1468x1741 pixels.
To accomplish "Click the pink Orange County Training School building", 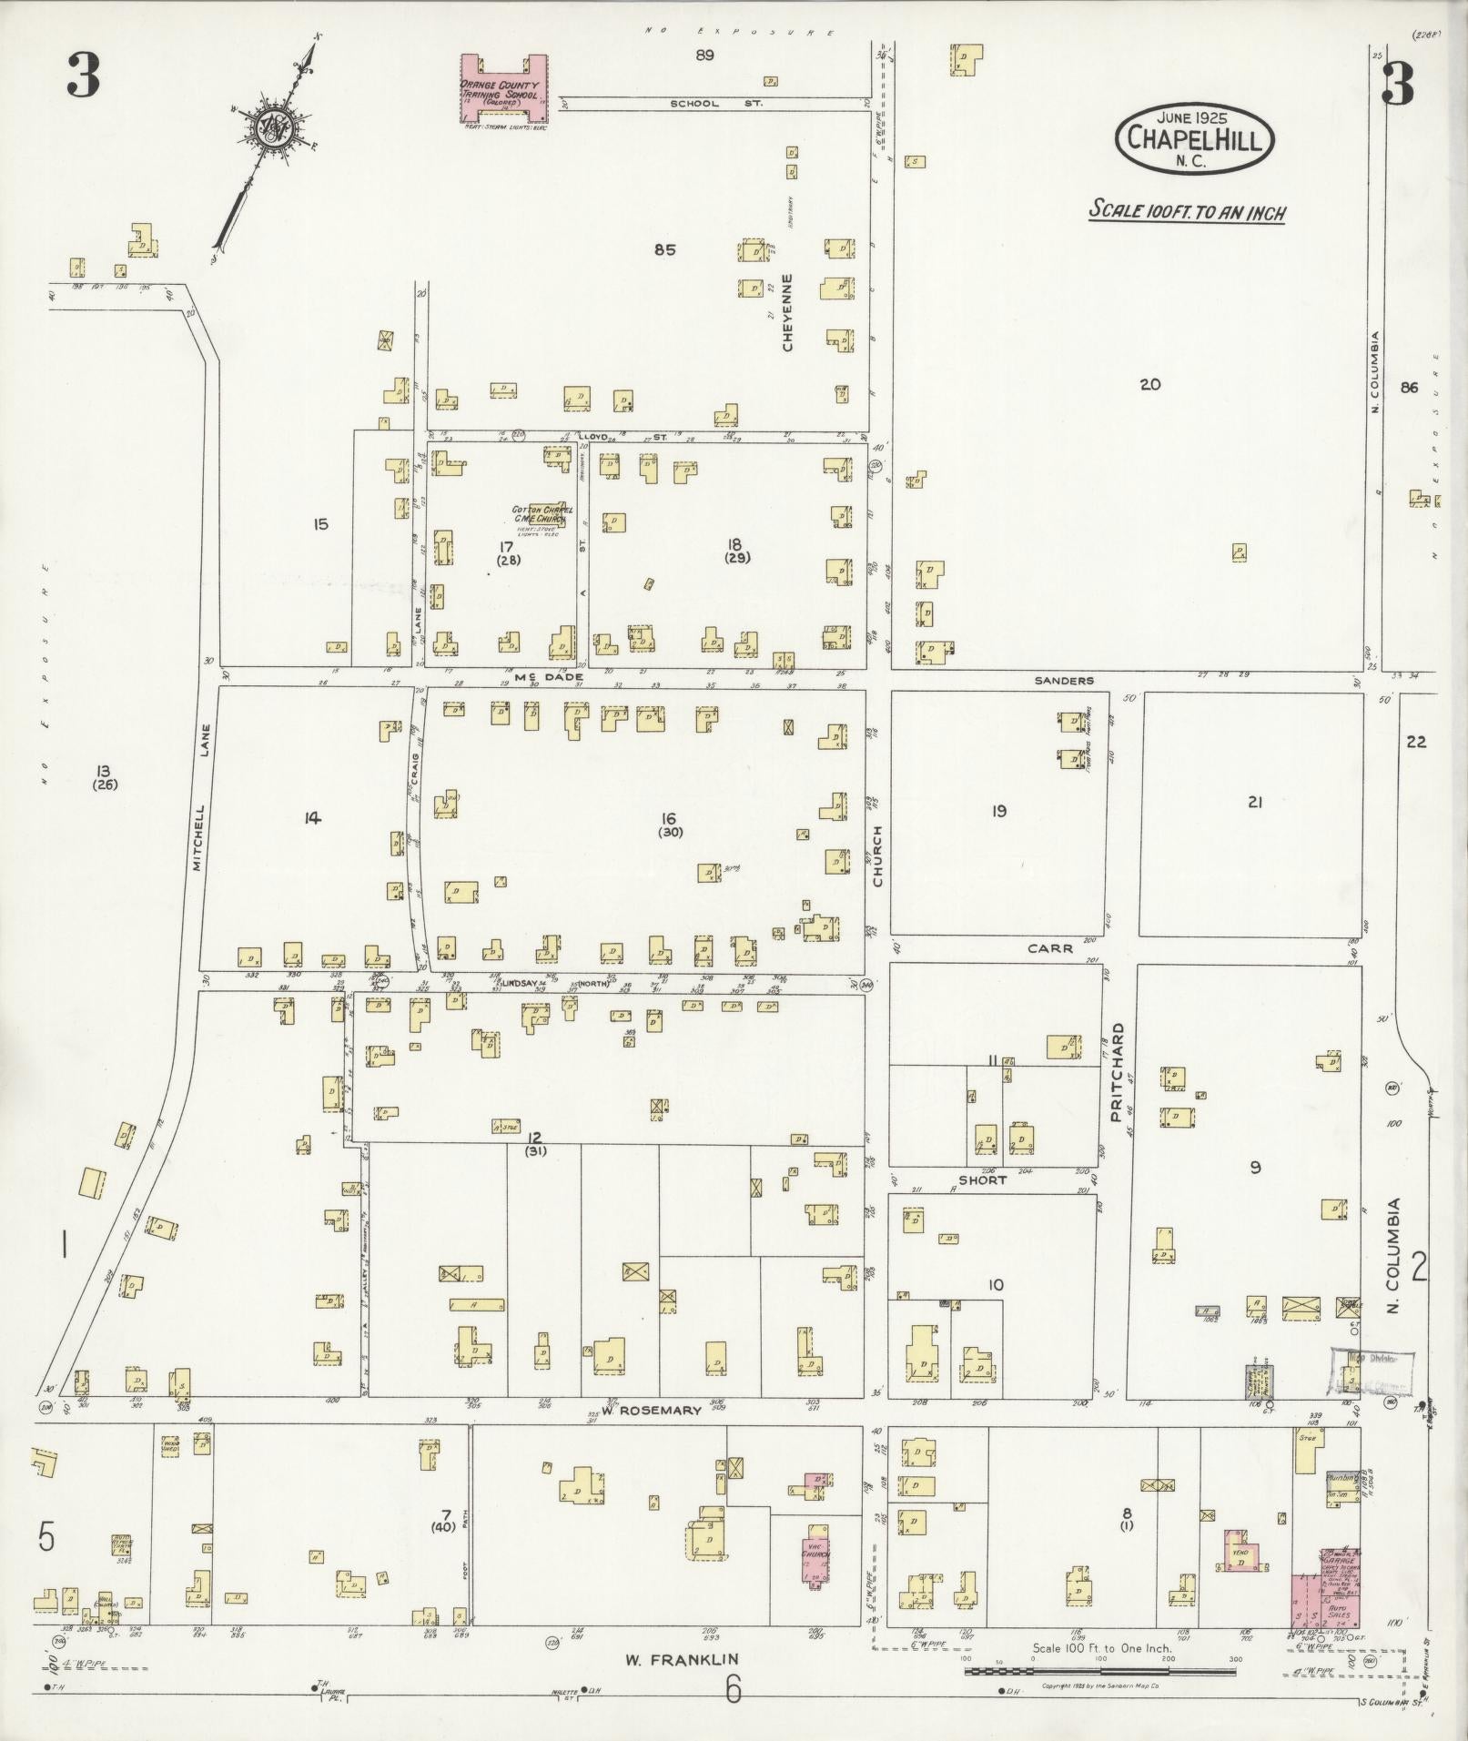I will [x=503, y=86].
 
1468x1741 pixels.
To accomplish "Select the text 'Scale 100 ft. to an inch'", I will [x=1187, y=212].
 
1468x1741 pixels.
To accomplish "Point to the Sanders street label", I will [x=1064, y=680].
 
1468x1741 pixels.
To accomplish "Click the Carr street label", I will [x=1050, y=948].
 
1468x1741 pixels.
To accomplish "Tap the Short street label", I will [x=983, y=1179].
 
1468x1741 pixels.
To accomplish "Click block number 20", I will [x=1149, y=384].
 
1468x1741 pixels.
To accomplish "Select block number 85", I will [x=664, y=249].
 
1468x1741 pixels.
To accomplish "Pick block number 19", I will [x=998, y=810].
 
